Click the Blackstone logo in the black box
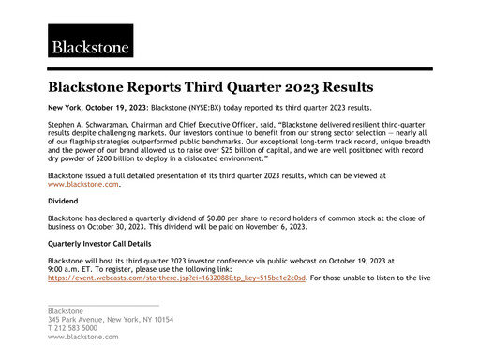90,42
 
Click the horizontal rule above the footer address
103,305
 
